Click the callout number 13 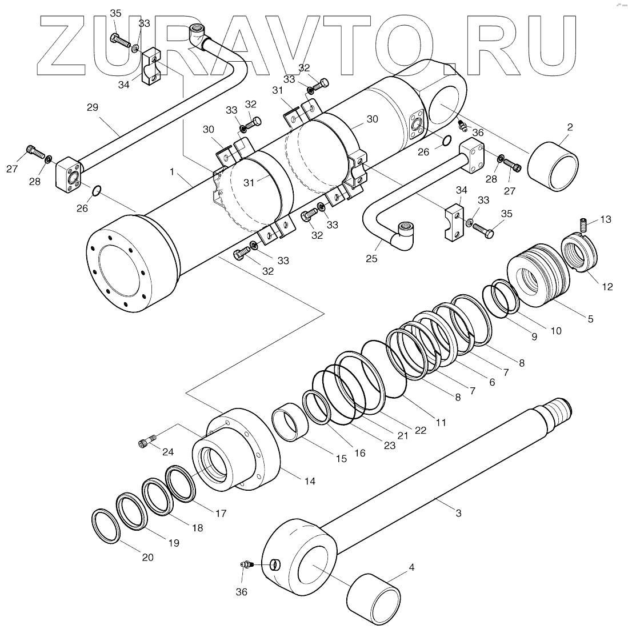click(x=605, y=219)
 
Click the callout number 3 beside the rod click(x=458, y=512)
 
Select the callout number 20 click(x=147, y=557)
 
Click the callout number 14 click(x=309, y=481)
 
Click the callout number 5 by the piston click(x=590, y=319)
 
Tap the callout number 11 click(x=441, y=422)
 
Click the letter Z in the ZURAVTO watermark click(x=69, y=46)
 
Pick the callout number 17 click(x=221, y=513)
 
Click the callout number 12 click(x=607, y=286)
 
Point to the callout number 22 click(x=420, y=430)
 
